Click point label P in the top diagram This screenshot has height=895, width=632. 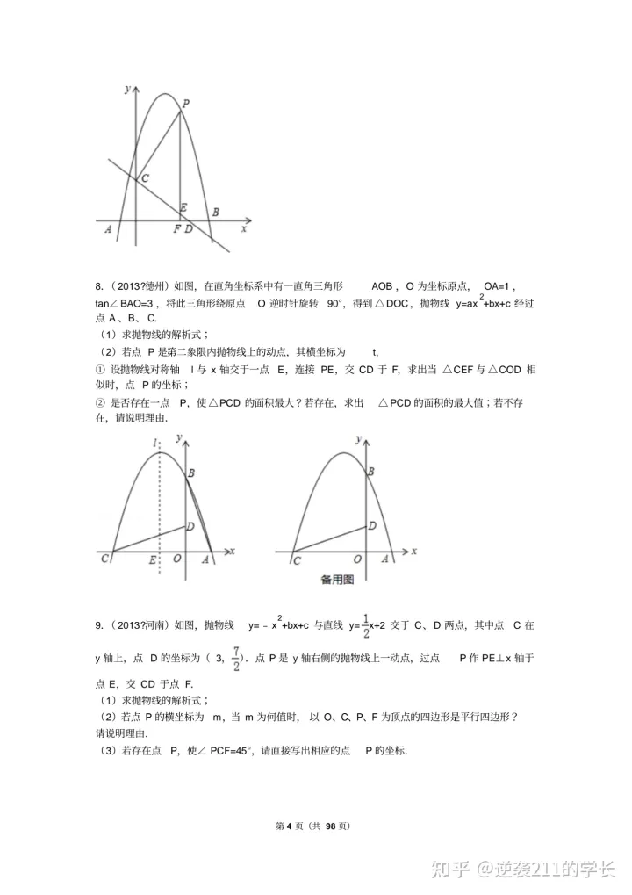(186, 103)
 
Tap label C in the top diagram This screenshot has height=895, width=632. (144, 178)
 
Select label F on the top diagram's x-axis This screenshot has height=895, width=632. (176, 229)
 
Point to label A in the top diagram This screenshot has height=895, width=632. (107, 229)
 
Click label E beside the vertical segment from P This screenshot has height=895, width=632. (183, 208)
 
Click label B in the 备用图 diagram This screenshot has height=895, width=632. (370, 473)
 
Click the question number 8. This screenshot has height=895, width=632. (98, 286)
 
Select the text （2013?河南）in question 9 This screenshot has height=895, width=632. (140, 624)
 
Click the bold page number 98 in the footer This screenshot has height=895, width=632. (331, 826)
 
